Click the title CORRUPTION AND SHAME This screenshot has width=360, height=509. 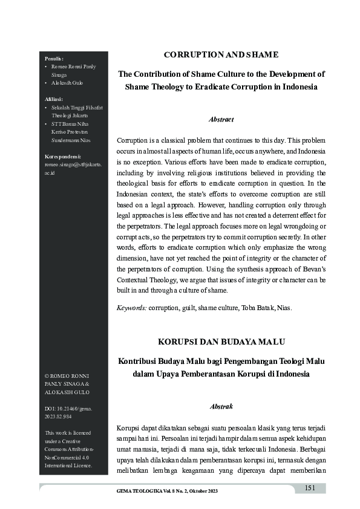(221, 55)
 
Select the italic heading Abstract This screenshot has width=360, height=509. (221, 120)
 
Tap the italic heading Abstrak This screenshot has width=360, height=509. (221, 407)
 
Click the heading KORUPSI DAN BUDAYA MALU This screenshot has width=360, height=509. (221, 342)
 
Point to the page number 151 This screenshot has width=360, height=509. (310, 488)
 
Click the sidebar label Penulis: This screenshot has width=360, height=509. (54, 58)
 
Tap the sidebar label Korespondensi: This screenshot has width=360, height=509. (63, 155)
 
